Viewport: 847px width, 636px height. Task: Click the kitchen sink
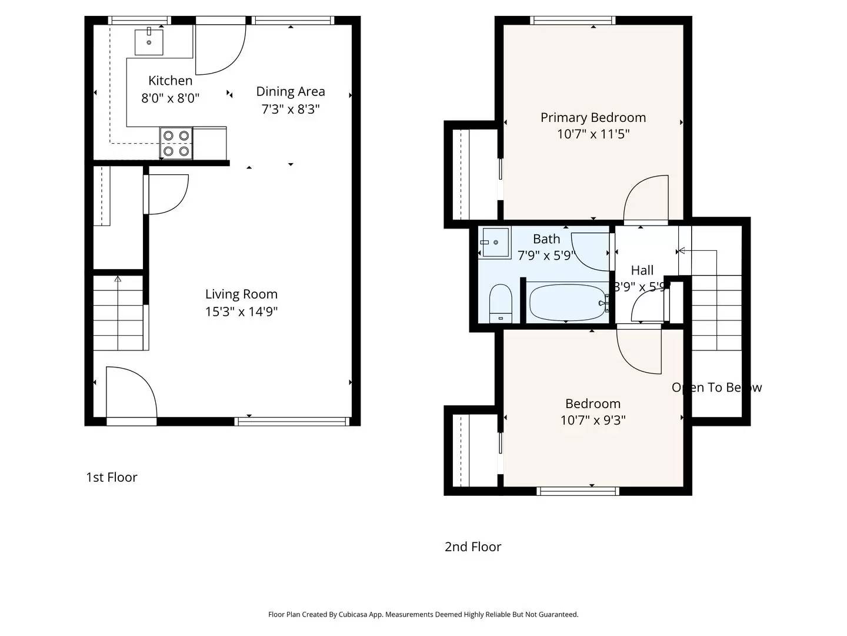tap(149, 42)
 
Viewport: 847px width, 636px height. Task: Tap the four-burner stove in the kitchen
tap(176, 143)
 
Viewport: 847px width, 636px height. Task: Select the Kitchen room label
tap(170, 81)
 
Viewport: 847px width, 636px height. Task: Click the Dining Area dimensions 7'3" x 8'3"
tap(291, 109)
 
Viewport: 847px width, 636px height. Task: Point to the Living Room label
tap(241, 294)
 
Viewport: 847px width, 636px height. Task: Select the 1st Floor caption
tap(112, 477)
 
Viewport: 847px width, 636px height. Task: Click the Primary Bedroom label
tap(593, 117)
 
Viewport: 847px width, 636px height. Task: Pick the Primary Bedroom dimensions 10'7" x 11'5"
tap(593, 134)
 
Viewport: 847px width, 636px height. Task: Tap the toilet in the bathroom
tap(501, 303)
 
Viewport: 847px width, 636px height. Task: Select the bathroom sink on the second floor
tap(495, 242)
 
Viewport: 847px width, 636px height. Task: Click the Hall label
tap(642, 270)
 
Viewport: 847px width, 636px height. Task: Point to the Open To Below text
tap(716, 387)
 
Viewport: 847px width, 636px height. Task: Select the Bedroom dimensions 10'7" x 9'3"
tap(593, 420)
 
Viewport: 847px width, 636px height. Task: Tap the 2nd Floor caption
tap(473, 546)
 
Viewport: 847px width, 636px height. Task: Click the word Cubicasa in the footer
tap(354, 614)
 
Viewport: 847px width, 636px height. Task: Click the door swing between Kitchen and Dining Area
tap(220, 50)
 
